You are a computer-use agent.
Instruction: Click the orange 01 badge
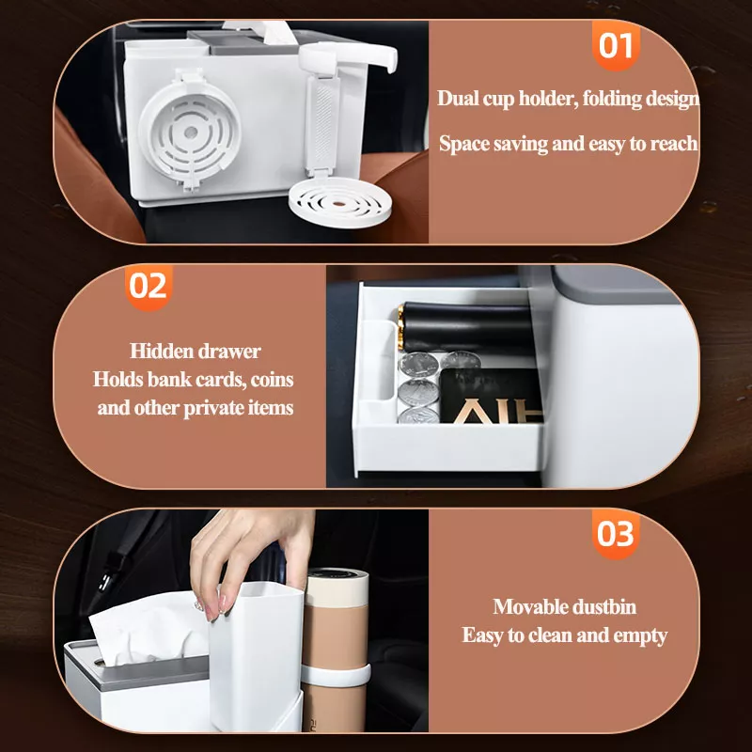pos(616,45)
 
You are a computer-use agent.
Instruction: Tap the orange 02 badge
pos(149,287)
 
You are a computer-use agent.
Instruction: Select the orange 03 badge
pos(616,534)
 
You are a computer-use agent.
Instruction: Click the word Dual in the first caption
pos(458,99)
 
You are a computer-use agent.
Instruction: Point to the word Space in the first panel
pos(463,144)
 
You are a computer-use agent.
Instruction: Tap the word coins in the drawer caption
pos(272,380)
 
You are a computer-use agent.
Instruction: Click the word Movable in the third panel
pos(524,606)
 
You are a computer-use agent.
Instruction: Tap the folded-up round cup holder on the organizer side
pos(190,131)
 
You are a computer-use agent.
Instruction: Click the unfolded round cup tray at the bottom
pos(339,201)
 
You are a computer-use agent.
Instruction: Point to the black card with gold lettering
pos(490,395)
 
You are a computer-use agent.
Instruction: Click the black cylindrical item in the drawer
pos(466,328)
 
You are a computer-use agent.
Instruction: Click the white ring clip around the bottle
pos(337,675)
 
